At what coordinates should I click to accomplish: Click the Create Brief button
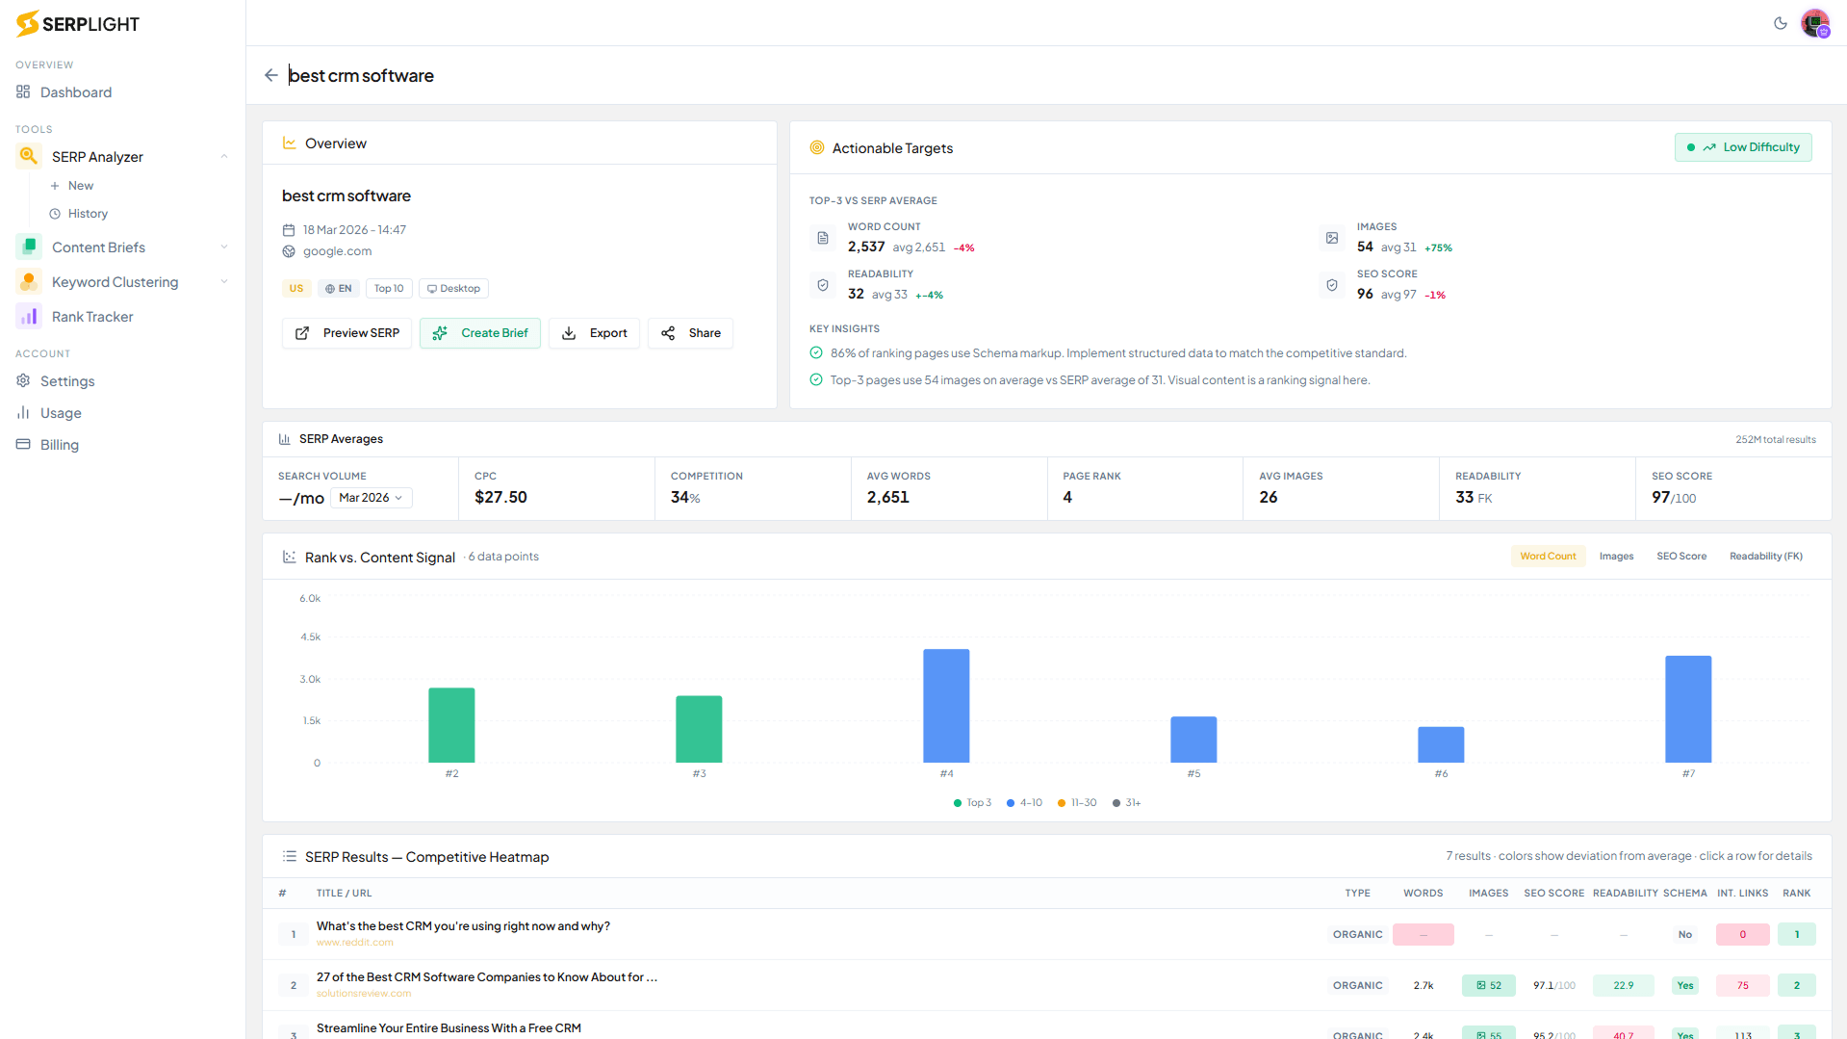(479, 333)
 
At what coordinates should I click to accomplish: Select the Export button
(594, 333)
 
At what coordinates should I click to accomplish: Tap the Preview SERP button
(346, 333)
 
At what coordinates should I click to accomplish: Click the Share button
(690, 333)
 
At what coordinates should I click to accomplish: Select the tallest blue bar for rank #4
(946, 706)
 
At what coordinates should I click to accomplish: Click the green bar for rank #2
(451, 725)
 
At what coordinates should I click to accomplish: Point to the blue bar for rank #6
(1441, 744)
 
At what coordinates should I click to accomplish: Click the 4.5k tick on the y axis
(310, 637)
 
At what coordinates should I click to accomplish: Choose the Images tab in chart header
(1616, 557)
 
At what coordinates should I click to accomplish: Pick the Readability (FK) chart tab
(1765, 557)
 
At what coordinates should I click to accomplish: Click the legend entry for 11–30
(1077, 803)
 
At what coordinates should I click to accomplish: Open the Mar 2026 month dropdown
(371, 498)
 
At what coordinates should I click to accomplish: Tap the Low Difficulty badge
(1743, 147)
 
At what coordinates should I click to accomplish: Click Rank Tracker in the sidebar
(92, 317)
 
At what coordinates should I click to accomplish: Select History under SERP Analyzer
(88, 214)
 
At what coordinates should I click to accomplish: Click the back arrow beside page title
(271, 75)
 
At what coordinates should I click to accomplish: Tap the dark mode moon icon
(1780, 23)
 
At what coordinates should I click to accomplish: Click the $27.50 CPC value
(500, 498)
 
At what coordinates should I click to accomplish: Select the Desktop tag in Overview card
(453, 289)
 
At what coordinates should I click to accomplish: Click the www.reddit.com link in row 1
(354, 943)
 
